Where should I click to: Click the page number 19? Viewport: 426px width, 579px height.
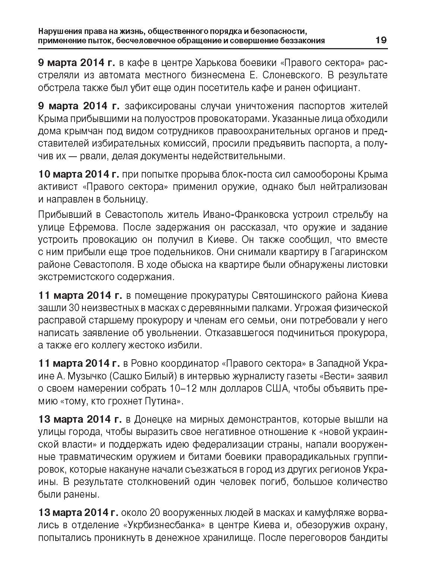tap(380, 40)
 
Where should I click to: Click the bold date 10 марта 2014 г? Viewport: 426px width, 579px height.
tap(78, 174)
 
